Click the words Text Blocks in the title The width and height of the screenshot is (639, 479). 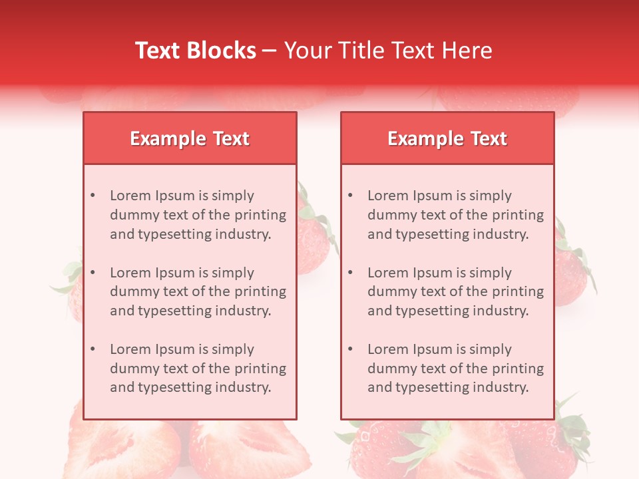[196, 51]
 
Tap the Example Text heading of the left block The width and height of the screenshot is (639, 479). [190, 138]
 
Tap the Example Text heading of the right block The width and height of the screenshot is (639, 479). [447, 138]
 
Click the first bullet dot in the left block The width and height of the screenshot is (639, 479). [93, 196]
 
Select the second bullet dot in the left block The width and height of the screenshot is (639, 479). [93, 273]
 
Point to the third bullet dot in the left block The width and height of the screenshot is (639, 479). [93, 349]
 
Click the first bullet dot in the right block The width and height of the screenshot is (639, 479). [350, 196]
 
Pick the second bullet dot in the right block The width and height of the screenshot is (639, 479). [350, 273]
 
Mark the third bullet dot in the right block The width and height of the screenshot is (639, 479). [350, 349]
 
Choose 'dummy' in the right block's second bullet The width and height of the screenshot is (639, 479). [388, 291]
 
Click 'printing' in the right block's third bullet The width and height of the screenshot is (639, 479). [518, 369]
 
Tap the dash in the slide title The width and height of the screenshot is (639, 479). [270, 51]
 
